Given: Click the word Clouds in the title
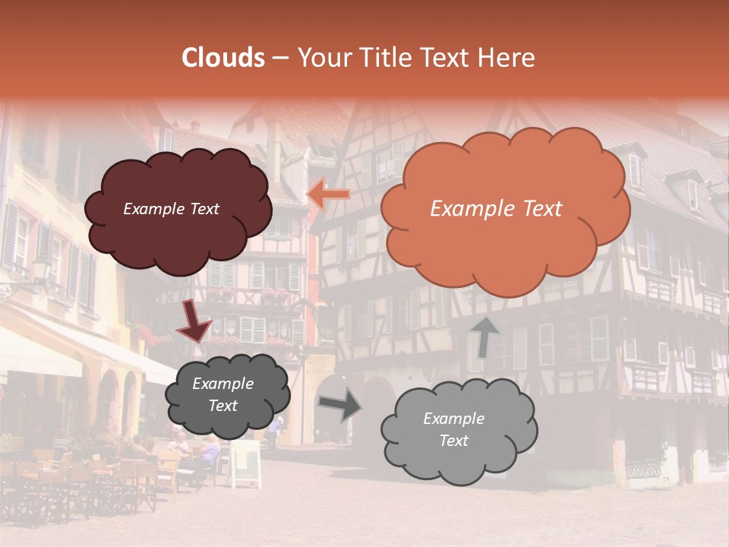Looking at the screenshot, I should pos(223,58).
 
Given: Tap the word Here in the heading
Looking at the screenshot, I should pos(506,58).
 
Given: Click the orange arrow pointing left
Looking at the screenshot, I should pos(329,195).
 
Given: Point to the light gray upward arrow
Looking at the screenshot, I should pos(484,337).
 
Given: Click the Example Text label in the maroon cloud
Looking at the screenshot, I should pos(171,209).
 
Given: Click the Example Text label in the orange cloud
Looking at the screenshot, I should pos(496,209).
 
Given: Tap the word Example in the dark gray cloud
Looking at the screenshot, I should pos(222,384).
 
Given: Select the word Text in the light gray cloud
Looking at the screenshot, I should pos(454,441).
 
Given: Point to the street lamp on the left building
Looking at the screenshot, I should pos(40,270).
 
